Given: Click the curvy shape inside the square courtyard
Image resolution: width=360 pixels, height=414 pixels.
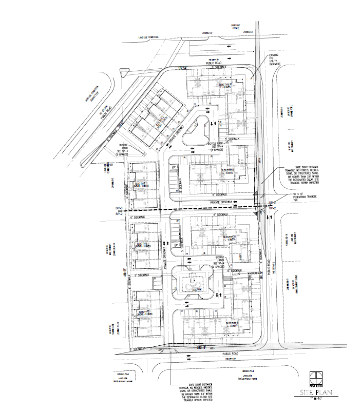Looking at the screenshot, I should click(194, 285).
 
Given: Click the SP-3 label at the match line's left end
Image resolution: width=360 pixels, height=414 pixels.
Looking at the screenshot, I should click(119, 207).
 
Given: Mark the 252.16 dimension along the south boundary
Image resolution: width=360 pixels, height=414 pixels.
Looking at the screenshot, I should click(201, 348).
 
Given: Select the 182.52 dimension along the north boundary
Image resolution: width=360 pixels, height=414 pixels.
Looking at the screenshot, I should click(181, 68).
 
